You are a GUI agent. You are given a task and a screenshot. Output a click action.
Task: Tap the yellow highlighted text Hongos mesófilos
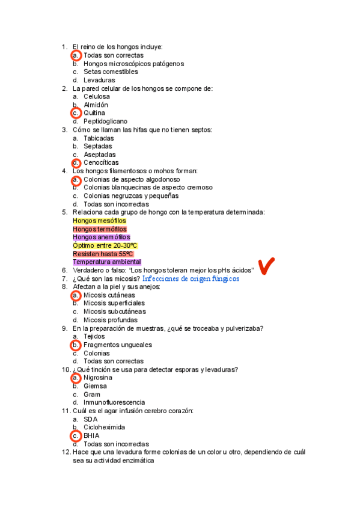point(99,221)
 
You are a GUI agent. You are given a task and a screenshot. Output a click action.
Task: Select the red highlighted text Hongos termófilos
point(100,229)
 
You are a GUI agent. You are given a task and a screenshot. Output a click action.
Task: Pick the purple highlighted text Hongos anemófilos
point(101,237)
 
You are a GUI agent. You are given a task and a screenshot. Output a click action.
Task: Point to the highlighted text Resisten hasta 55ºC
point(103,254)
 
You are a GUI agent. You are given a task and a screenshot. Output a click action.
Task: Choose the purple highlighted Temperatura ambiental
point(107,262)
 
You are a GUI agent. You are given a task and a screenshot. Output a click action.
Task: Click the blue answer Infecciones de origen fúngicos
point(191,279)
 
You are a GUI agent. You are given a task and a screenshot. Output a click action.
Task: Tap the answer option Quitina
point(94,113)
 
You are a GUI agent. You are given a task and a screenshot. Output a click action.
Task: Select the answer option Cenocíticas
point(101,162)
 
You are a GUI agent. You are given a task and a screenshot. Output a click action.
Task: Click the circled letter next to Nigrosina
point(76,378)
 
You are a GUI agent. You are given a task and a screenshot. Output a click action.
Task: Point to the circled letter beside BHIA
point(76,435)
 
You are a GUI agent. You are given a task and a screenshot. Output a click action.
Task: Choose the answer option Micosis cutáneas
point(109,295)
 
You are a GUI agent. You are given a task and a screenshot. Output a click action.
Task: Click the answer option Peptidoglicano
point(105,121)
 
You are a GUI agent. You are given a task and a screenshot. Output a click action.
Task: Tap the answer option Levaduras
point(99,80)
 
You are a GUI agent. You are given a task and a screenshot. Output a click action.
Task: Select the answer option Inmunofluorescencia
point(114,402)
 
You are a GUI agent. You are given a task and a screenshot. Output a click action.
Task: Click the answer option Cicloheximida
point(105,428)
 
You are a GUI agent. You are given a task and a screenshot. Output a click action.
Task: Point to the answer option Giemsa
point(95,386)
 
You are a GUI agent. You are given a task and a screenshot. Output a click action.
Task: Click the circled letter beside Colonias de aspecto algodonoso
point(76,179)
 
